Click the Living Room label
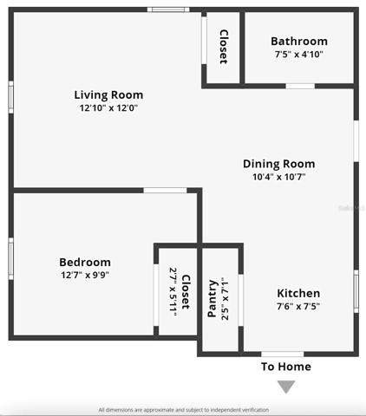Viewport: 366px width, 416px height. point(108,95)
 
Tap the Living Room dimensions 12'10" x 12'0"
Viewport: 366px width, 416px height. point(108,108)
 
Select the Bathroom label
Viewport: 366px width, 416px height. point(299,42)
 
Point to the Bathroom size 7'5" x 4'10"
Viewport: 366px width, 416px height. point(299,55)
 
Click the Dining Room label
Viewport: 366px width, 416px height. point(279,164)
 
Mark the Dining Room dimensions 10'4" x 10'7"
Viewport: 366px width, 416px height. point(279,177)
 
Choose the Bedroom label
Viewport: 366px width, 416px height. point(85,263)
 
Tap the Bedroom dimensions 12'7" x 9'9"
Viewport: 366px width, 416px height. point(85,275)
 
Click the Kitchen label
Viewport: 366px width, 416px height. point(298,293)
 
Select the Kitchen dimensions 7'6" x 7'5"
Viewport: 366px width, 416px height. point(298,306)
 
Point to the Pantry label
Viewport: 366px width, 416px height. point(212,298)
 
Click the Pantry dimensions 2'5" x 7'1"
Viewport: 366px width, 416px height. point(225,299)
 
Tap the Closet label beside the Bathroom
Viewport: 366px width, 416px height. point(224,47)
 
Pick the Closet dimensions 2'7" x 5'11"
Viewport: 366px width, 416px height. point(173,292)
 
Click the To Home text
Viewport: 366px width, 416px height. point(286,367)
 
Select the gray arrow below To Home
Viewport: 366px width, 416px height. point(286,387)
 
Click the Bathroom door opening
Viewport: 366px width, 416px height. point(300,86)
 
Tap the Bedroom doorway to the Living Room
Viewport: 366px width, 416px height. point(165,191)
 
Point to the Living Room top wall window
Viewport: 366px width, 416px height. point(168,10)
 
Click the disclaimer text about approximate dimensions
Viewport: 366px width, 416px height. point(183,410)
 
